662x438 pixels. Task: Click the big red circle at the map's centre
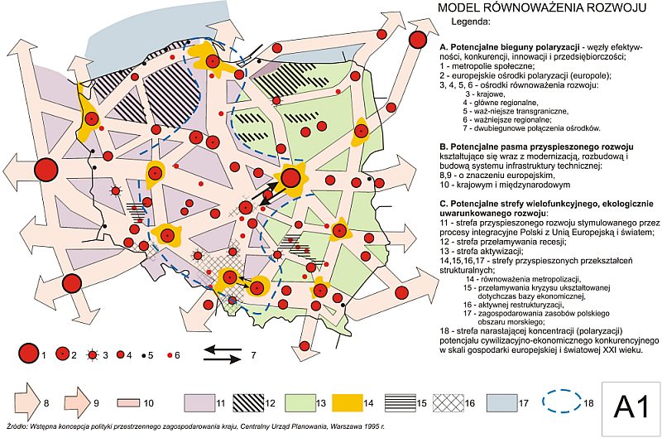click(291, 177)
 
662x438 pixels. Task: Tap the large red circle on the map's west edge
click(47, 169)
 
